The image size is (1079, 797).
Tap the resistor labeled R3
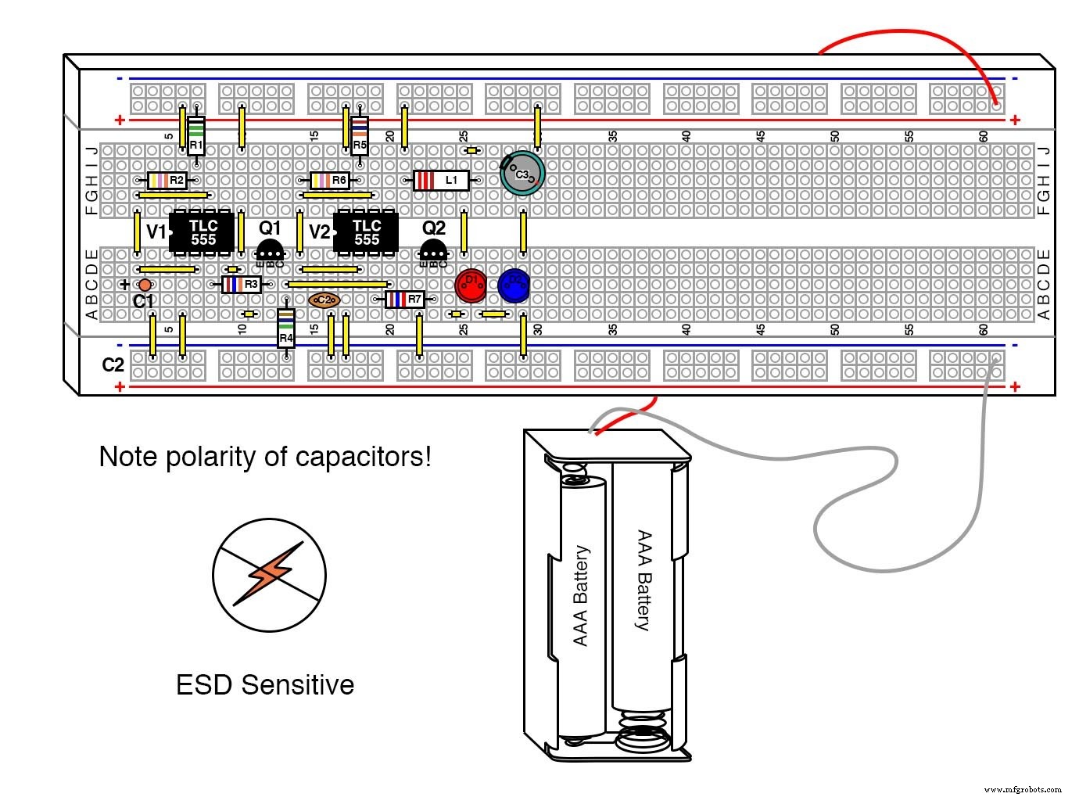coord(241,285)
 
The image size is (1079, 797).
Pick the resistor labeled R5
coord(359,136)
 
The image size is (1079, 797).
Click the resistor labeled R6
coord(330,181)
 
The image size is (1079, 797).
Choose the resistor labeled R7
coord(404,299)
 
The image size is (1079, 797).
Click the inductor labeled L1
coord(441,181)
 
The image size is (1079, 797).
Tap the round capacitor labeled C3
coord(522,174)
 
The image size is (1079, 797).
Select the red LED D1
coord(471,285)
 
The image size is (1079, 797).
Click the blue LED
coord(514,285)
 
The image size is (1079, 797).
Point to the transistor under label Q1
coord(270,251)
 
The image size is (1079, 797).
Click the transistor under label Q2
coord(433,251)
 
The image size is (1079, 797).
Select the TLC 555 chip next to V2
coord(365,232)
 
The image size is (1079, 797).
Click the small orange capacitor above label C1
coord(145,285)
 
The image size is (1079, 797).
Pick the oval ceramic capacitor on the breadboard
coord(324,300)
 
